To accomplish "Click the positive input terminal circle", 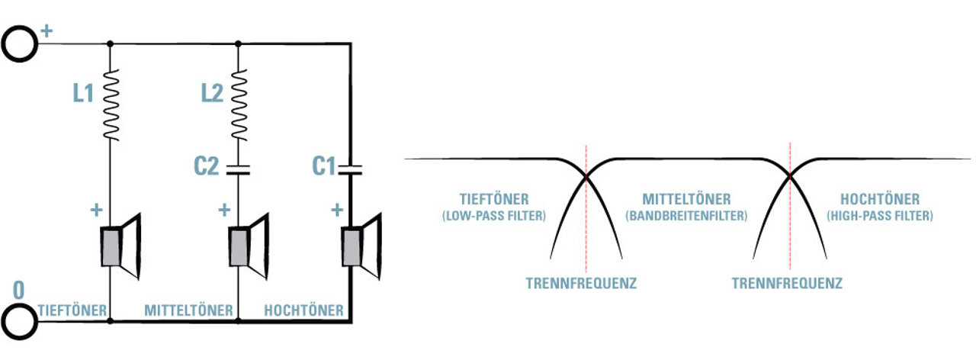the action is click(5, 43).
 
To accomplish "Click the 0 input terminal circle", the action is click(5, 322).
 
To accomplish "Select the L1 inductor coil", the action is click(111, 105).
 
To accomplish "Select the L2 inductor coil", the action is click(239, 105).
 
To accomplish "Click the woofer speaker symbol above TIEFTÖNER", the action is click(121, 246).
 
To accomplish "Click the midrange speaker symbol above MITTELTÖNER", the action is click(249, 246).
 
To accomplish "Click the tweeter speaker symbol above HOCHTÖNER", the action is click(361, 246).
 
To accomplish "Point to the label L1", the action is click(83, 93).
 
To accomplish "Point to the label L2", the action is click(212, 93).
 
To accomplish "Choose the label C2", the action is click(206, 166).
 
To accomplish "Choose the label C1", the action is click(324, 166).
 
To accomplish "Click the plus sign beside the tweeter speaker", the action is click(337, 210).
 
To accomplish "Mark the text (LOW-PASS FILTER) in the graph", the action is click(493, 216).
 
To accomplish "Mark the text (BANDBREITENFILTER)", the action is click(686, 216).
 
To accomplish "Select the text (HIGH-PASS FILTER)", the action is click(880, 216).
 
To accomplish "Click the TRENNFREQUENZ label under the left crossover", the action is click(581, 283).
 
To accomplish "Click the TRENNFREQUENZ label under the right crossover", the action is click(787, 283).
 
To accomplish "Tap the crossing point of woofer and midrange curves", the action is click(586, 176).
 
